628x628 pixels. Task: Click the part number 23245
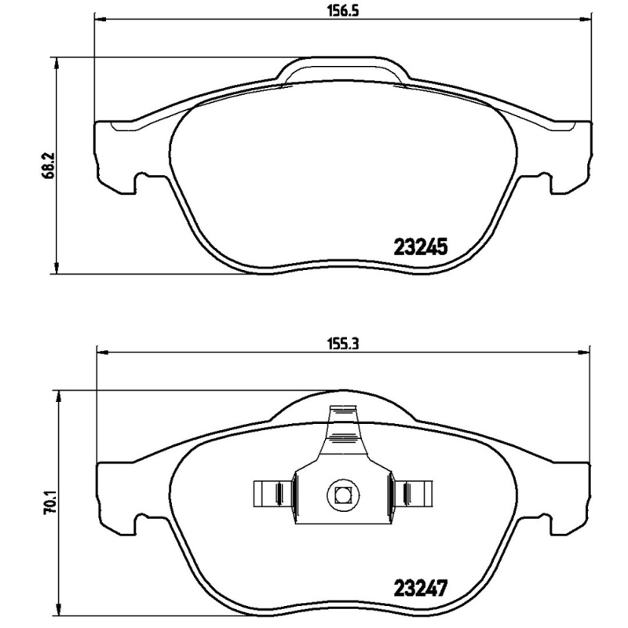(418, 248)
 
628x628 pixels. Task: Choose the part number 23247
(418, 586)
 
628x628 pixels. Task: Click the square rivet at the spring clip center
(341, 495)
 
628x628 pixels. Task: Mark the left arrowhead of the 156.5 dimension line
(99, 18)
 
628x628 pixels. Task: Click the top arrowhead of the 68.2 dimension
(56, 61)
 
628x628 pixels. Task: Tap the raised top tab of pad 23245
(344, 68)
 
